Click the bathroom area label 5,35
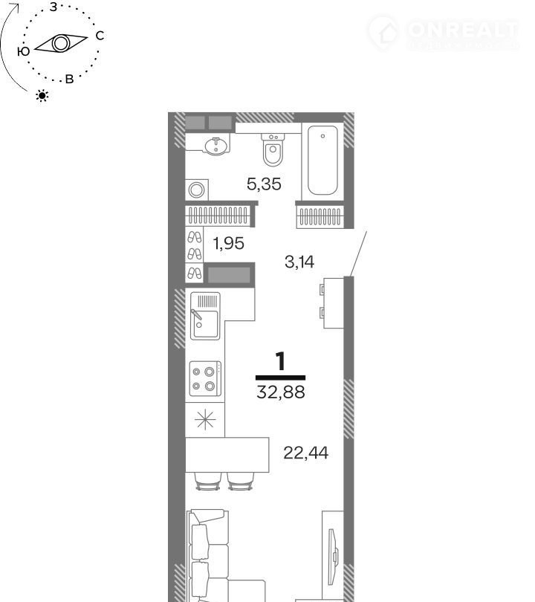(264, 184)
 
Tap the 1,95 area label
(229, 244)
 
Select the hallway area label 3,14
(299, 262)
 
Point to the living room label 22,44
(306, 453)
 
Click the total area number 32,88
(281, 392)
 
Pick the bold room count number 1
(281, 361)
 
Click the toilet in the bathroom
(273, 149)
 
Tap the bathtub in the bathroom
(322, 161)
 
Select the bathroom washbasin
(215, 146)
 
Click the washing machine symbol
(196, 190)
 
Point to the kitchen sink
(205, 316)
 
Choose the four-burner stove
(205, 379)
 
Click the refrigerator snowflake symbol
(205, 419)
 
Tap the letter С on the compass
(100, 36)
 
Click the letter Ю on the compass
(24, 51)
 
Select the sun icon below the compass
(42, 96)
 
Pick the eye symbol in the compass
(61, 43)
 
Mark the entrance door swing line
(358, 253)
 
